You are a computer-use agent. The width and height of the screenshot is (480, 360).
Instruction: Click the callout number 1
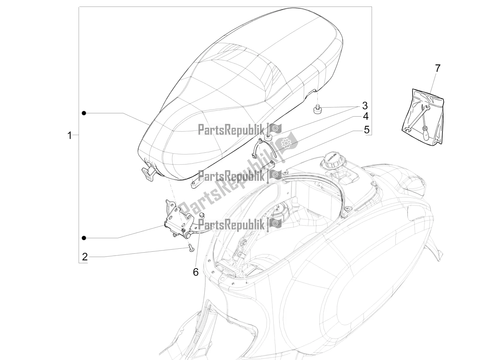[70, 136]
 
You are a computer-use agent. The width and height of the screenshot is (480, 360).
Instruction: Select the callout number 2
[85, 256]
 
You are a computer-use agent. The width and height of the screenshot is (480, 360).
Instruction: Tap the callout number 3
[365, 106]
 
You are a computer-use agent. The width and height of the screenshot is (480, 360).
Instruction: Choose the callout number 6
[196, 272]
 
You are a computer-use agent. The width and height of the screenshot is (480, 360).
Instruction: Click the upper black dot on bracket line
[84, 113]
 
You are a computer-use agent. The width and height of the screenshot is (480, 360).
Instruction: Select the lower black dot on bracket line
[84, 238]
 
